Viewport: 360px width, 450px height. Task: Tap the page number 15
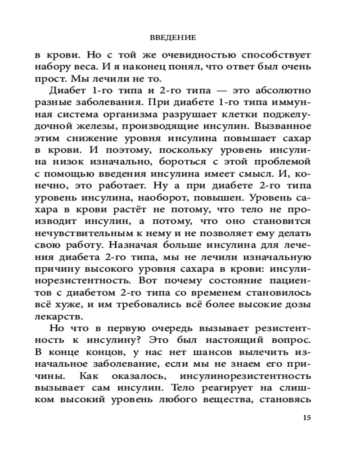pyautogui.click(x=307, y=417)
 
